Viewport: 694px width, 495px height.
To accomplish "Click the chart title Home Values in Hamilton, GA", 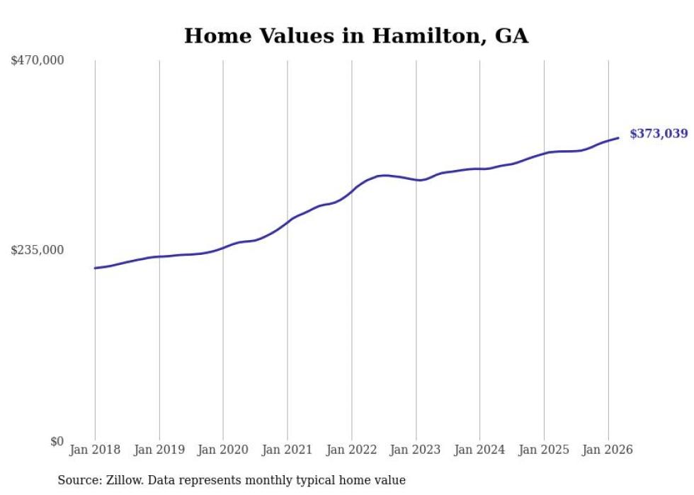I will click(x=356, y=36).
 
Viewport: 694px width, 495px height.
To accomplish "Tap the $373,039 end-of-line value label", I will click(x=658, y=133).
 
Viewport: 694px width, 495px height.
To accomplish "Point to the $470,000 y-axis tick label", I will click(x=38, y=61).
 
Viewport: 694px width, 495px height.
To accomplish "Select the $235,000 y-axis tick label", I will click(x=38, y=250).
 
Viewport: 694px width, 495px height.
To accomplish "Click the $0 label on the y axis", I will click(x=57, y=441).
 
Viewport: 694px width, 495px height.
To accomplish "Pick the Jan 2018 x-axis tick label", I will click(x=95, y=450).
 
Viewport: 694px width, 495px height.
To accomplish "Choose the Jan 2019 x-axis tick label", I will click(x=159, y=450).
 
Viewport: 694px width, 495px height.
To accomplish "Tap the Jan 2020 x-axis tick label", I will click(x=223, y=450).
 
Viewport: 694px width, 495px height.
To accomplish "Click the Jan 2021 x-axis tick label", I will click(x=288, y=450).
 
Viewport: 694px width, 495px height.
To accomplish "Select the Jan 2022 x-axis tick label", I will click(x=351, y=450).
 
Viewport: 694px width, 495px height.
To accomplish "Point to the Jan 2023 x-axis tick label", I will click(x=416, y=450).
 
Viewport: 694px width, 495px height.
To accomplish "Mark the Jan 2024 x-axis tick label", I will click(x=479, y=450).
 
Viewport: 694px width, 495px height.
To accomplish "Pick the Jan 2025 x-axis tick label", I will click(x=544, y=450).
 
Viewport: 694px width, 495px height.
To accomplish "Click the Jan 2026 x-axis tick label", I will click(x=608, y=450).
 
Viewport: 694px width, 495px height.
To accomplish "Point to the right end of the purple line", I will click(x=618, y=138).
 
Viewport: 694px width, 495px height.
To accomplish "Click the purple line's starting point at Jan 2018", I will click(x=95, y=268).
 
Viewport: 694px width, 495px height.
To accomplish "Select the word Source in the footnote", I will click(x=77, y=480).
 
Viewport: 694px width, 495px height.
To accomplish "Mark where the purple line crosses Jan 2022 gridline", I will click(x=351, y=190).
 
